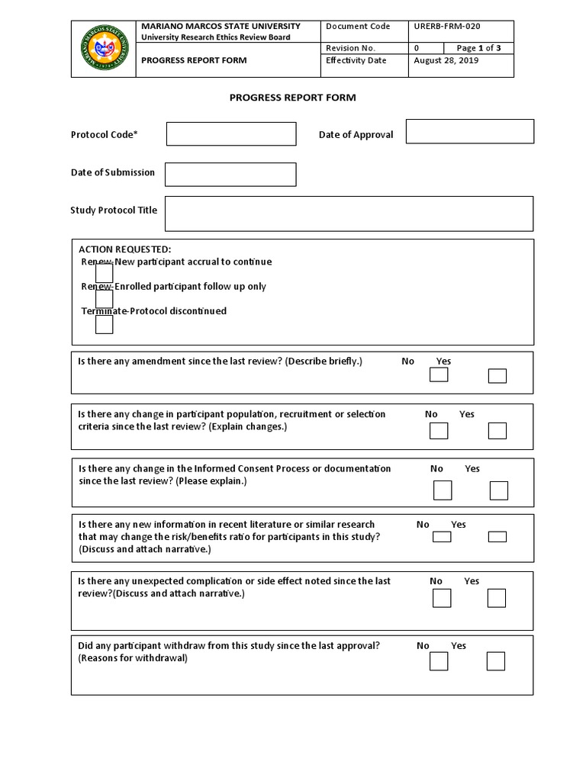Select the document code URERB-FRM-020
(x=446, y=26)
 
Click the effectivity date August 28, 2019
(x=446, y=61)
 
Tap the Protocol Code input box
(x=231, y=134)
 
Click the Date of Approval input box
(x=469, y=131)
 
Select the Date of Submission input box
(x=230, y=174)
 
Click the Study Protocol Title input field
(x=349, y=214)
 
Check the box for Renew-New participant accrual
(x=105, y=273)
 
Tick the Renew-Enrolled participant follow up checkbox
(x=105, y=299)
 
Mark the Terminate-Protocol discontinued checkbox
(x=105, y=324)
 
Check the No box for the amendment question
(x=439, y=375)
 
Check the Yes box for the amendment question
(x=497, y=376)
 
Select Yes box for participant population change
(x=497, y=431)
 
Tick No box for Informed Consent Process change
(x=443, y=490)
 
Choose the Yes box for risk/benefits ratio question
(x=497, y=537)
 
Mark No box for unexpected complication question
(x=442, y=598)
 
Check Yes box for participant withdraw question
(x=496, y=661)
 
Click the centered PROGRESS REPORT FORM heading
(x=293, y=98)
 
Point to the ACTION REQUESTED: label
(x=125, y=249)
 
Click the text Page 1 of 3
(x=479, y=48)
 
